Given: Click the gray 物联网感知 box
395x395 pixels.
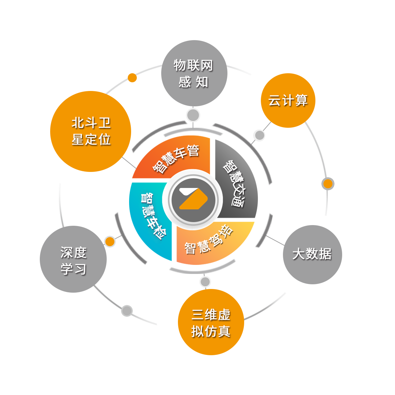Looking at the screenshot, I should [x=194, y=74].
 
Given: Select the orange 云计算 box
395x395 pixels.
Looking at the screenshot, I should [x=288, y=100].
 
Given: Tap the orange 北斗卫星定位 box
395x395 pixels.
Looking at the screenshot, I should [x=90, y=131].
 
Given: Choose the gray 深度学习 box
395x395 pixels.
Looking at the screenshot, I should [x=74, y=259].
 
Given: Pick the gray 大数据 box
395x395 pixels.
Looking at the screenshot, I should [x=312, y=254].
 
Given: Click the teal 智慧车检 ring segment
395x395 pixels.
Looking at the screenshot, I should [x=149, y=216].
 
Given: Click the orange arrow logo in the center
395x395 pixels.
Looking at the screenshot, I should [x=193, y=199].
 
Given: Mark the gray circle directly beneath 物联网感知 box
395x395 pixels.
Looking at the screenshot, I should [x=193, y=115].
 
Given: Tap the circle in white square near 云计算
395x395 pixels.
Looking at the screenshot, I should [x=260, y=135].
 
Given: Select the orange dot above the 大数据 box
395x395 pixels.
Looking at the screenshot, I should [x=328, y=184].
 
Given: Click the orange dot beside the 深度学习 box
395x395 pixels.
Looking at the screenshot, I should [x=110, y=241].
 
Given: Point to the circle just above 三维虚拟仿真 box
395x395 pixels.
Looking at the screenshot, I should [x=205, y=282].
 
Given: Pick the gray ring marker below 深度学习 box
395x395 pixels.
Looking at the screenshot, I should [x=127, y=311].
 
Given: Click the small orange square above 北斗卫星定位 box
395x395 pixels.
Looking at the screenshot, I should [x=132, y=78].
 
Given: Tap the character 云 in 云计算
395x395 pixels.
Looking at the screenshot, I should [x=274, y=100].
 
